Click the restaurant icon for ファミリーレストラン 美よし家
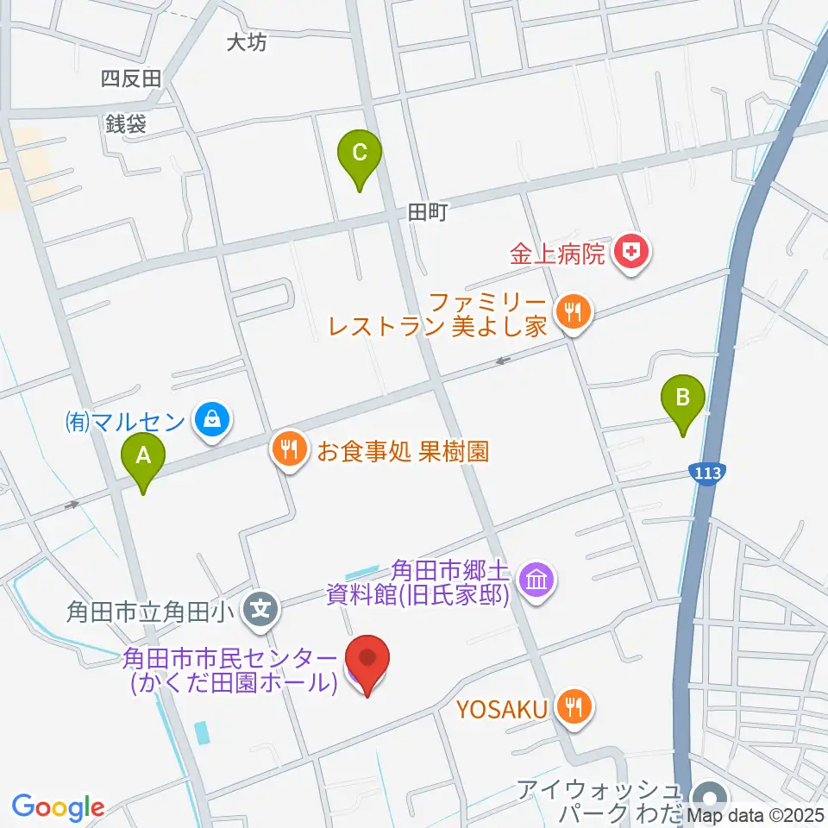tap(573, 311)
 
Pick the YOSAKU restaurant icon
tap(572, 708)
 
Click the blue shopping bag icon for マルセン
tap(210, 421)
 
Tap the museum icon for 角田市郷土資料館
tap(537, 580)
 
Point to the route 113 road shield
tap(707, 473)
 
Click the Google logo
tap(58, 806)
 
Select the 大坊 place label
tap(247, 42)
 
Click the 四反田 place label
tap(131, 79)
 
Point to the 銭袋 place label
tap(126, 124)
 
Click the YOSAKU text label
tap(502, 710)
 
